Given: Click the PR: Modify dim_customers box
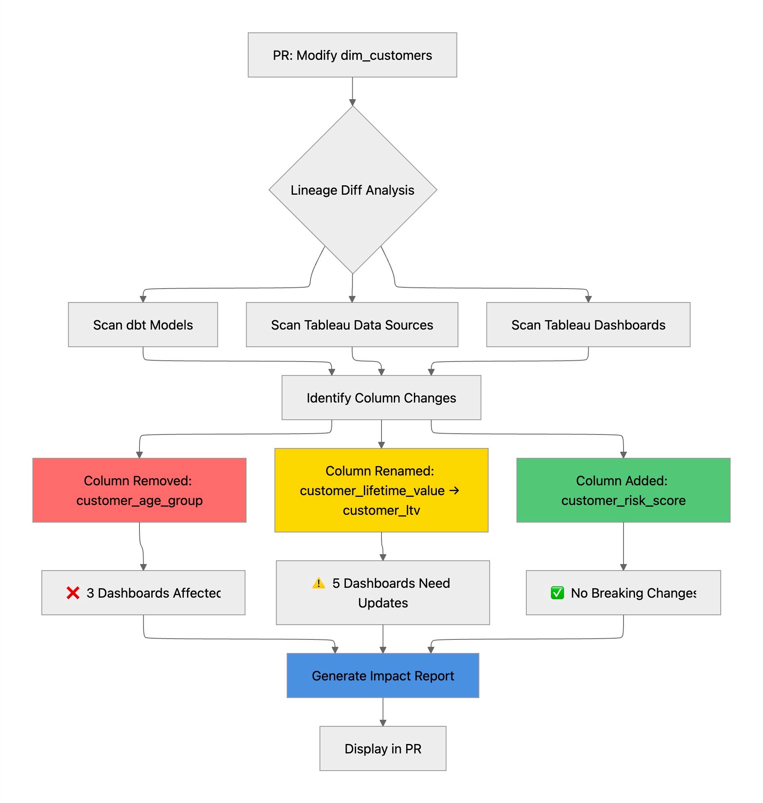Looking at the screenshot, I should click(352, 55).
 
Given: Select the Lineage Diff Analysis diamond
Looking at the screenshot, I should click(352, 190).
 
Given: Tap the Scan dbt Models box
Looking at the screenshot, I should click(143, 325).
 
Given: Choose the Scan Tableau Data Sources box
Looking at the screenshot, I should click(352, 325).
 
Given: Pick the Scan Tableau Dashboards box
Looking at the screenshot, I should click(588, 325).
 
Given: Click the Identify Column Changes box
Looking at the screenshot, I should click(381, 398).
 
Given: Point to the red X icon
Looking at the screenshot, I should click(73, 593).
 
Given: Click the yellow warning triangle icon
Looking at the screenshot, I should click(318, 583).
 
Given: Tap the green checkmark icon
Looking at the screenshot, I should click(557, 593).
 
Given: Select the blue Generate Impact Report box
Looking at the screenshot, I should click(383, 676).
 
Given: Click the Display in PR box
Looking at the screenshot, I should click(383, 748).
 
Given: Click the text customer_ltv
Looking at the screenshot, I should click(381, 510).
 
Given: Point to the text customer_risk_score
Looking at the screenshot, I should click(623, 500).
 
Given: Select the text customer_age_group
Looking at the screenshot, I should click(139, 500).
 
